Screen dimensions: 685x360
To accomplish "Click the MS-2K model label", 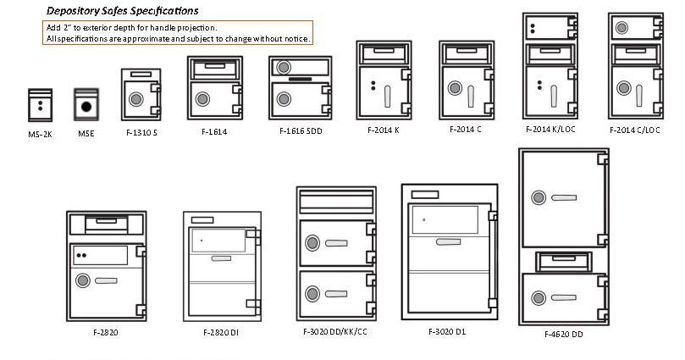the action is tap(40, 135).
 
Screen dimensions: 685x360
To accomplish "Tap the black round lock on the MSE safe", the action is tap(86, 106).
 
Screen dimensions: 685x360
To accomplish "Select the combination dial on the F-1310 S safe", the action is tap(135, 99).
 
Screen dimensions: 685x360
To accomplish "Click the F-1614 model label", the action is tap(214, 131).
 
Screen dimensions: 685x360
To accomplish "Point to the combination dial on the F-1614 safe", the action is tap(202, 99).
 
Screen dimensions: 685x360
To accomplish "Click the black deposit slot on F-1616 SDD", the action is tap(300, 79).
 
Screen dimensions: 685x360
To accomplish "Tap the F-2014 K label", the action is tap(383, 130).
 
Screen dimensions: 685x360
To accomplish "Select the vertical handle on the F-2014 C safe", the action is tap(471, 96).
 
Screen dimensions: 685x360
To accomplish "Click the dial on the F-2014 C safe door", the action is tap(455, 88).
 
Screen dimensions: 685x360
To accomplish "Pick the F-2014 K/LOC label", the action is tap(550, 130).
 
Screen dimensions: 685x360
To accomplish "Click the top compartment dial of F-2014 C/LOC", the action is tap(621, 29).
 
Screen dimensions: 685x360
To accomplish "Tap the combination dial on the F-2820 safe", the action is tap(83, 280).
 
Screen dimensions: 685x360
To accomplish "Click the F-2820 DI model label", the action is tap(221, 333).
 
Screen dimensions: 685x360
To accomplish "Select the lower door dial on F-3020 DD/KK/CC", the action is tap(312, 294).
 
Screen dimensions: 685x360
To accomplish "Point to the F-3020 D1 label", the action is tap(447, 331).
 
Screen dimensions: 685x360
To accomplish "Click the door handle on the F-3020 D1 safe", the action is tap(448, 241).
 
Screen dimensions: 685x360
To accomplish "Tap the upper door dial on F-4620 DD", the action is tap(539, 197).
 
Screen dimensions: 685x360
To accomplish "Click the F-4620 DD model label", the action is tap(564, 335).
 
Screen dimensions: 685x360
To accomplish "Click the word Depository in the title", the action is tap(73, 11).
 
